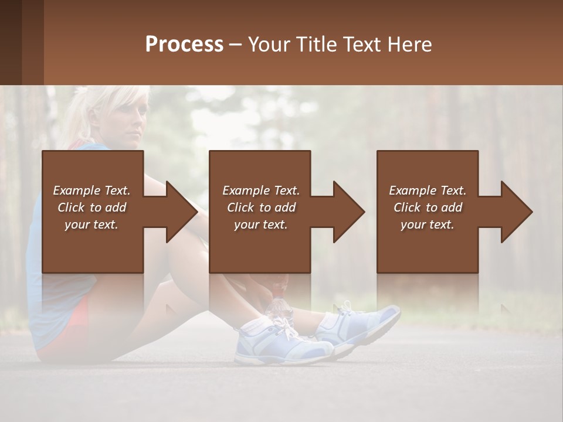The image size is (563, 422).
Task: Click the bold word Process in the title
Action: click(184, 45)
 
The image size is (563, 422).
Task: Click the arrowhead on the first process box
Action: click(182, 212)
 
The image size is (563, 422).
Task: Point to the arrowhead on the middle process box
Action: click(349, 212)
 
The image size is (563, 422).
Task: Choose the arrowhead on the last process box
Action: click(517, 212)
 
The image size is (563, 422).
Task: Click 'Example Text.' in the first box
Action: click(91, 190)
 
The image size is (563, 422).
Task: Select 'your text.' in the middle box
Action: click(260, 224)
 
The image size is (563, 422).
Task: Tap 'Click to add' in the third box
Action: click(428, 207)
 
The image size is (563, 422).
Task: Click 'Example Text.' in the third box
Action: click(428, 190)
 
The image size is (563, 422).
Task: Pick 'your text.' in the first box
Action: click(91, 224)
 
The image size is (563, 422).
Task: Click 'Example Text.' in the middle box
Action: click(260, 190)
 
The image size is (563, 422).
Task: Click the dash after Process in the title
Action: click(236, 45)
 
